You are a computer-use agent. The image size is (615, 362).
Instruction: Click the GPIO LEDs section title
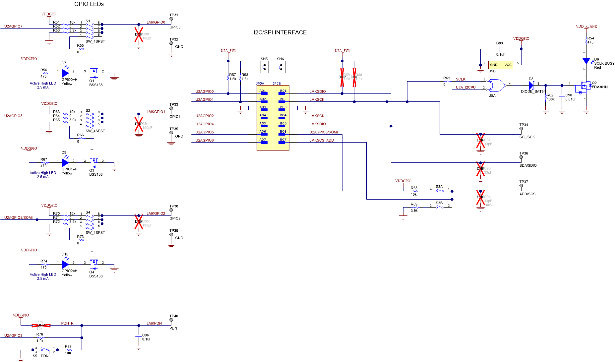(x=89, y=4)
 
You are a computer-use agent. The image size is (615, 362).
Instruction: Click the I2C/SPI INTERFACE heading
(x=280, y=32)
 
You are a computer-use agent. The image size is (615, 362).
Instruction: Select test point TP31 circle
(x=171, y=19)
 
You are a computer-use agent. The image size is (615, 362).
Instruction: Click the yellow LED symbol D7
(x=65, y=73)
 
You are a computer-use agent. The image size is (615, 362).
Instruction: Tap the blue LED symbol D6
(x=586, y=61)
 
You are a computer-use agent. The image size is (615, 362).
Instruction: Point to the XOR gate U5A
(x=497, y=86)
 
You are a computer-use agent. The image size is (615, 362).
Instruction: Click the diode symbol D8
(x=531, y=86)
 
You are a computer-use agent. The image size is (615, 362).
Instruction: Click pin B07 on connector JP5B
(x=282, y=142)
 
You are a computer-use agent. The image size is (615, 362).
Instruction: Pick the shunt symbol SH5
(x=265, y=67)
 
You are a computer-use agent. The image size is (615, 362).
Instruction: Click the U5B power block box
(x=501, y=65)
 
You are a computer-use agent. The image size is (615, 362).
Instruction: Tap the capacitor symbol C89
(x=499, y=49)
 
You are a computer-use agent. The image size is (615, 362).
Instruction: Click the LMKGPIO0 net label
(x=156, y=22)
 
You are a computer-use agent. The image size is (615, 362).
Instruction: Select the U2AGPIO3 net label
(x=13, y=335)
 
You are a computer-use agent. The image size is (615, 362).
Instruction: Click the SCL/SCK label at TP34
(x=527, y=137)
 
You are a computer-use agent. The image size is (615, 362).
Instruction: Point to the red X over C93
(x=480, y=168)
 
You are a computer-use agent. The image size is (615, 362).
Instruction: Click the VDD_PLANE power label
(x=586, y=26)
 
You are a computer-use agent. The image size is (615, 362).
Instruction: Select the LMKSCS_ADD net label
(x=322, y=140)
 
